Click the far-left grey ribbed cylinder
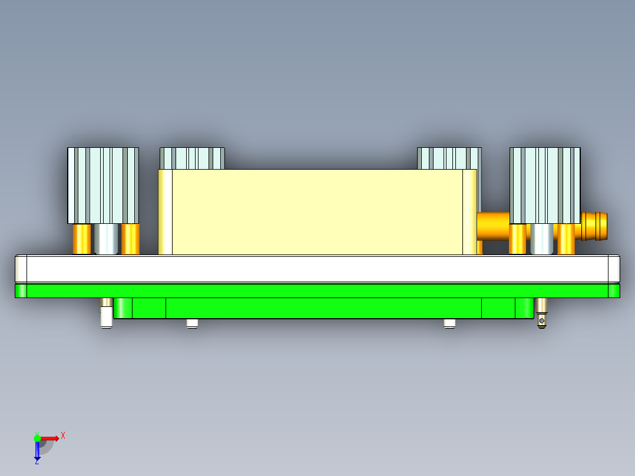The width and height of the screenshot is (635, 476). [x=103, y=185]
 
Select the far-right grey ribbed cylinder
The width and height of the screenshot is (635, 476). [x=545, y=185]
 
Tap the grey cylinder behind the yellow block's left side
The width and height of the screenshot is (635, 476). [x=192, y=158]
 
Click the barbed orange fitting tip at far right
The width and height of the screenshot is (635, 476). [x=596, y=226]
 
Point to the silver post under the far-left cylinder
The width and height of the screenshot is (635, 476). [x=106, y=239]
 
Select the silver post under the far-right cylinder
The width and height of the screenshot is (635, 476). [x=542, y=239]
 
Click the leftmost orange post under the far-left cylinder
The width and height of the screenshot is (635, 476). [x=82, y=239]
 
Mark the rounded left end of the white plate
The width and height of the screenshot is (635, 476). [x=21, y=268]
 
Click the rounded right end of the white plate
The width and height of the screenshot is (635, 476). [x=614, y=268]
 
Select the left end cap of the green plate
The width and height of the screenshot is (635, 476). [x=21, y=290]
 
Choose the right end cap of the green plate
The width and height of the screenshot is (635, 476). [x=614, y=290]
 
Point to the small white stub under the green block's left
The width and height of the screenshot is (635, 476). [x=192, y=323]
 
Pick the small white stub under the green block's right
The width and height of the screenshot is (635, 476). [x=449, y=323]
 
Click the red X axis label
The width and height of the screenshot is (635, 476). [x=63, y=435]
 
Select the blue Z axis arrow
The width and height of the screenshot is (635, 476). [x=37, y=451]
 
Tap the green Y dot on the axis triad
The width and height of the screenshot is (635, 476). [x=37, y=438]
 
